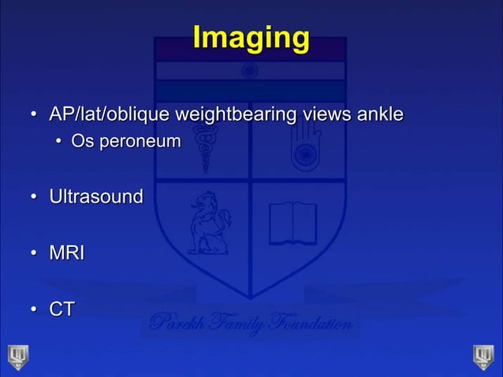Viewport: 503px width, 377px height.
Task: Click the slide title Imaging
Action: (x=251, y=38)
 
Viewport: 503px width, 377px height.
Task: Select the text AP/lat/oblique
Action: (x=109, y=115)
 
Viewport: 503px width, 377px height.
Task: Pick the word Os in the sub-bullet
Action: (x=80, y=142)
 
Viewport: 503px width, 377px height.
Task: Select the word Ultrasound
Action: (x=96, y=196)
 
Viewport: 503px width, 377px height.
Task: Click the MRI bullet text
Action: (x=67, y=253)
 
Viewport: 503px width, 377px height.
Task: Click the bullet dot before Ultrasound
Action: (x=35, y=196)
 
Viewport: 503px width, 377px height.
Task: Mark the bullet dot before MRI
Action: (x=35, y=254)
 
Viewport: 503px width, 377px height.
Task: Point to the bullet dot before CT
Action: (x=35, y=310)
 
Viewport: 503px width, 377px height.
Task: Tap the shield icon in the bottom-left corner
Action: (x=18, y=356)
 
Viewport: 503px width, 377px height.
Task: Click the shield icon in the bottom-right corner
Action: (x=483, y=356)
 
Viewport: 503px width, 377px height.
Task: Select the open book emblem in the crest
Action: (x=292, y=223)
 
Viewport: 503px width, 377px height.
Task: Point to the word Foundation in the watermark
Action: (x=309, y=323)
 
